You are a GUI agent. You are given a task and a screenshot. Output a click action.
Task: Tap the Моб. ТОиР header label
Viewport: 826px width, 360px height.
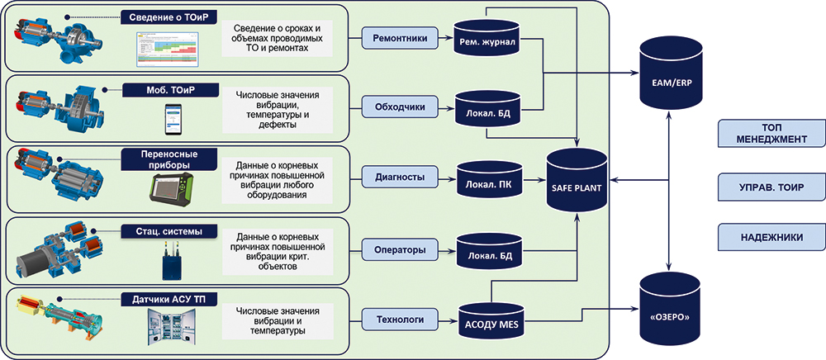(171, 89)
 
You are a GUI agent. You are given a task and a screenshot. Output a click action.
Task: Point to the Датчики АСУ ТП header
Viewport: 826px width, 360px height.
(171, 298)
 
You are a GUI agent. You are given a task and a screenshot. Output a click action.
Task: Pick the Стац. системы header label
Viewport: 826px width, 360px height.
(169, 230)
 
